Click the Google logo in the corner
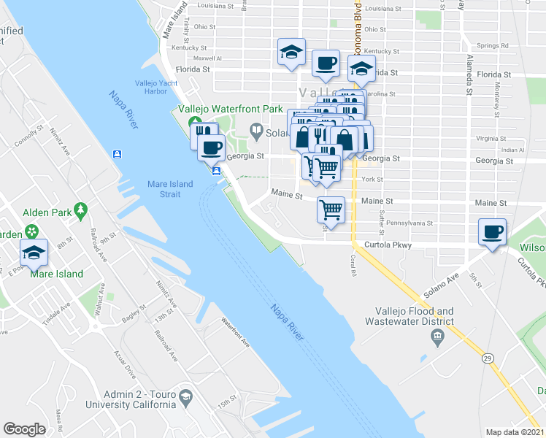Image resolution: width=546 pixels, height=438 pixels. [x=24, y=429]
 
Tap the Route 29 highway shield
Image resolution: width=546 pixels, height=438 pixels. [x=485, y=358]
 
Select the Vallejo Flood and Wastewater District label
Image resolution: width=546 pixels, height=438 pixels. [x=415, y=316]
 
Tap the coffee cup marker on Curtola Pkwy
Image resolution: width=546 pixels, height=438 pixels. [x=493, y=232]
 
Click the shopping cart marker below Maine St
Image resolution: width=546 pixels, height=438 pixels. [x=331, y=210]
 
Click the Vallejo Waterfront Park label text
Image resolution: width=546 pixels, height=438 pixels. [x=231, y=109]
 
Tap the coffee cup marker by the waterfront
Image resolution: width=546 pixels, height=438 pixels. [x=212, y=147]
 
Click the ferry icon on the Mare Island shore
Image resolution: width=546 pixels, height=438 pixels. [x=118, y=154]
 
